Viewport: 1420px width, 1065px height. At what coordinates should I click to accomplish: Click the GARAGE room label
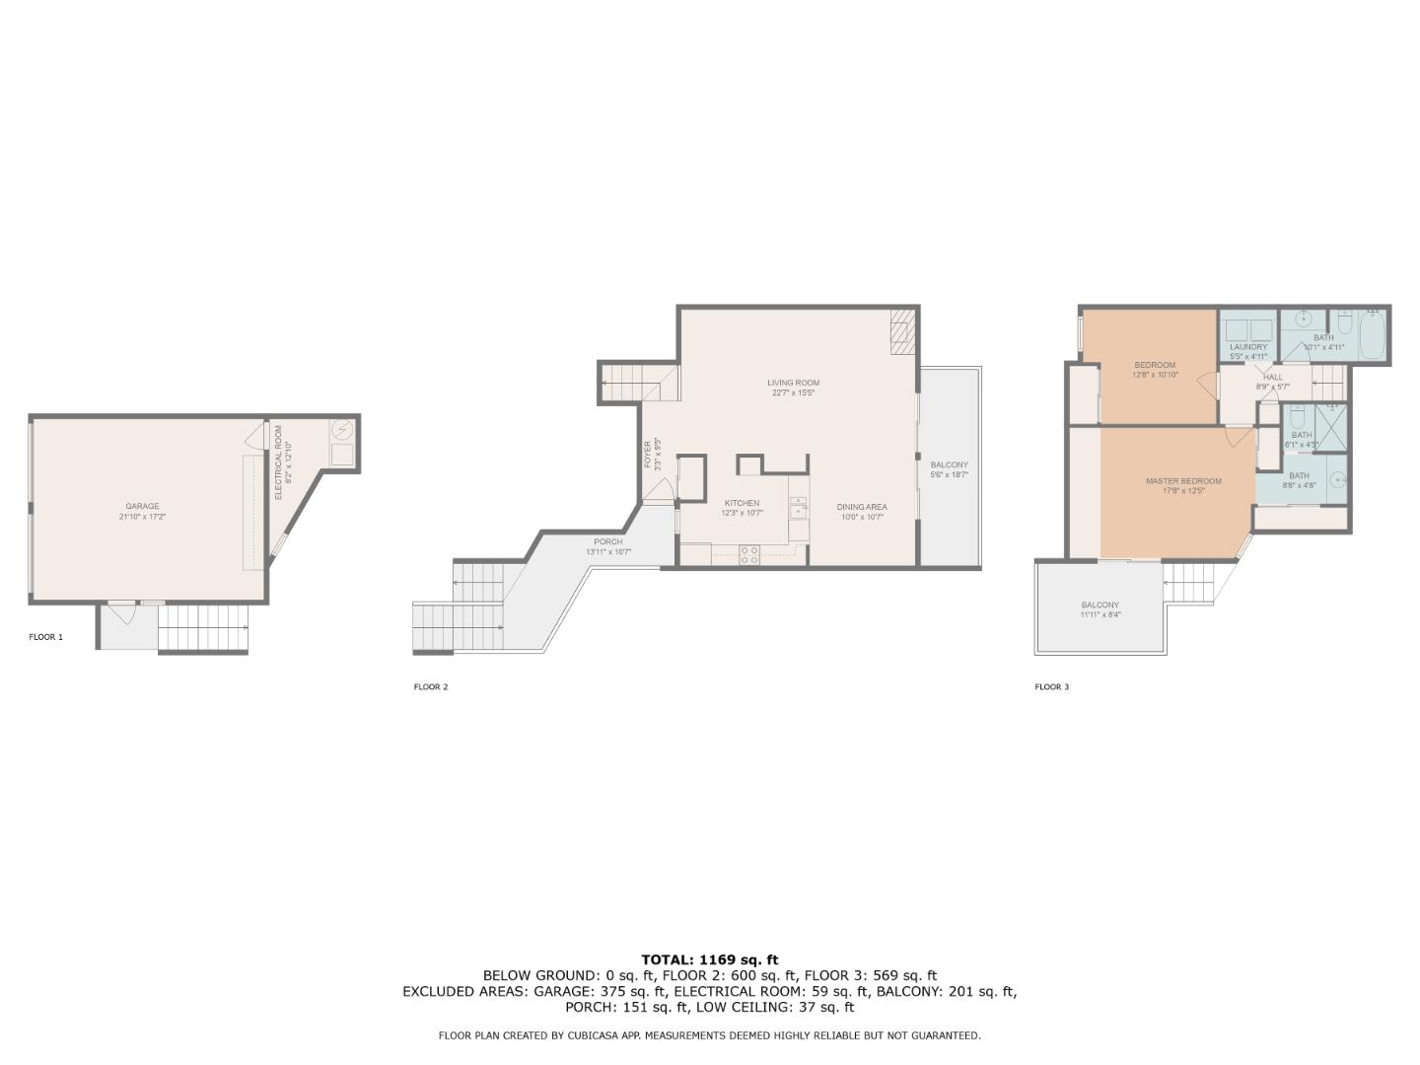click(142, 506)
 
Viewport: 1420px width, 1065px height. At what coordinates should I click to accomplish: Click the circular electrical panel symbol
click(342, 431)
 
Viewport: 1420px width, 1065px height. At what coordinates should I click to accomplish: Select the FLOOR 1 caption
click(45, 637)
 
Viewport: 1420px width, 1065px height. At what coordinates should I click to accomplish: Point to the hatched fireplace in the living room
click(902, 332)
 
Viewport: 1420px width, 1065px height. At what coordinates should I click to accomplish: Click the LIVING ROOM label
click(793, 383)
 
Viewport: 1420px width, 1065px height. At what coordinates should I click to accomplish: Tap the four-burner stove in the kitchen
click(749, 555)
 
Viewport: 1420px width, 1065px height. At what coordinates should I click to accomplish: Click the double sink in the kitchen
click(798, 508)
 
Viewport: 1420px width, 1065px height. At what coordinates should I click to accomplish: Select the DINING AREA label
click(862, 507)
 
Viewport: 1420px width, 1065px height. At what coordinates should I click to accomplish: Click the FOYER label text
click(648, 454)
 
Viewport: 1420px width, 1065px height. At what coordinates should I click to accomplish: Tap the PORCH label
click(607, 541)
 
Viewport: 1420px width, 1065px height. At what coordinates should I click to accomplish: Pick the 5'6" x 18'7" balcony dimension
click(950, 475)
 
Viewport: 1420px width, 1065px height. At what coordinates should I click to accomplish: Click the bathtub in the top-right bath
click(1371, 335)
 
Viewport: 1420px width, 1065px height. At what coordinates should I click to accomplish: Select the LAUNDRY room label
click(1247, 347)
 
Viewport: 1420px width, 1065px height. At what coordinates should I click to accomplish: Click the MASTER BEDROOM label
click(1183, 481)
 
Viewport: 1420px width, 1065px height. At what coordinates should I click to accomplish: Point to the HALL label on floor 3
click(1273, 377)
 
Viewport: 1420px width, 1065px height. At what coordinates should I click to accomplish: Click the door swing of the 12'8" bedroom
click(1205, 385)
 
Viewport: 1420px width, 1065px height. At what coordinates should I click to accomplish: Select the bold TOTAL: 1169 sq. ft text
click(709, 959)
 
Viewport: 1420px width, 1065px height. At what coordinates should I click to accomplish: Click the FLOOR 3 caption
click(1051, 686)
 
